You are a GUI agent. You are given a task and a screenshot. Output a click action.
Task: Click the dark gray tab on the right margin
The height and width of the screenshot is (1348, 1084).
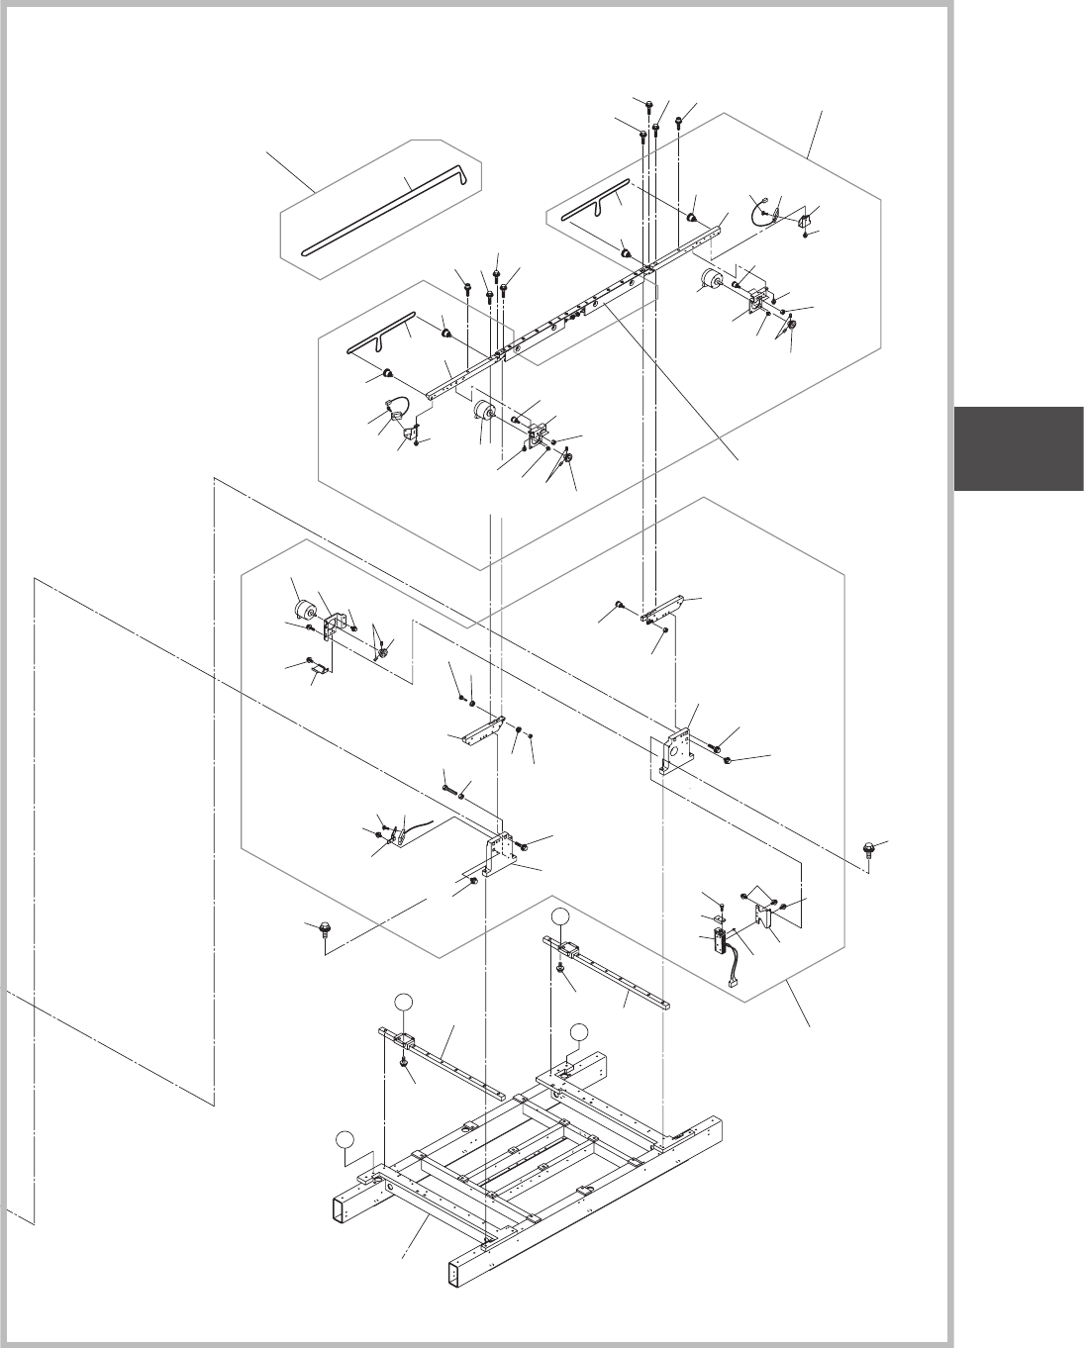pyautogui.click(x=1019, y=447)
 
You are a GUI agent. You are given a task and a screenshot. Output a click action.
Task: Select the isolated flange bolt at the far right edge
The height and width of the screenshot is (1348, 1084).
pyautogui.click(x=869, y=849)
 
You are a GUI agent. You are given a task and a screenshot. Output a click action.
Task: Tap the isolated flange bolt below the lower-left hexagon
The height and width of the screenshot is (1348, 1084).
pyautogui.click(x=325, y=929)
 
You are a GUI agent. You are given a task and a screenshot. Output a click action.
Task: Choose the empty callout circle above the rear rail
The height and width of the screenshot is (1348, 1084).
pyautogui.click(x=561, y=916)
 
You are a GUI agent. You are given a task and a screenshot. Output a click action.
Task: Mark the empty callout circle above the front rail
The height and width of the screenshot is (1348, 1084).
pyautogui.click(x=402, y=1003)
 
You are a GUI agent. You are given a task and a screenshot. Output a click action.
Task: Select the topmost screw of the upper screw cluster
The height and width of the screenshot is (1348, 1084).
pyautogui.click(x=648, y=103)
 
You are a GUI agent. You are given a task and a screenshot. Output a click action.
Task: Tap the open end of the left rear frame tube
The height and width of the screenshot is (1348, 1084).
pyautogui.click(x=343, y=1208)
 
